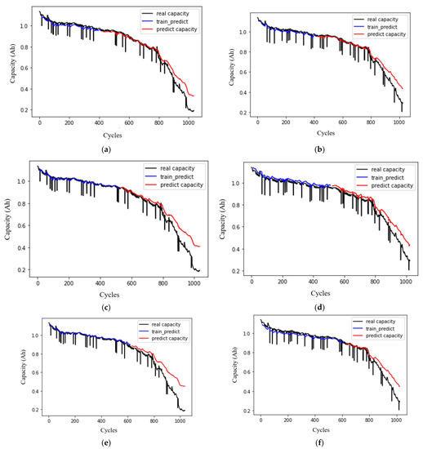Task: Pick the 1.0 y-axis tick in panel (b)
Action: coord(244,32)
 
